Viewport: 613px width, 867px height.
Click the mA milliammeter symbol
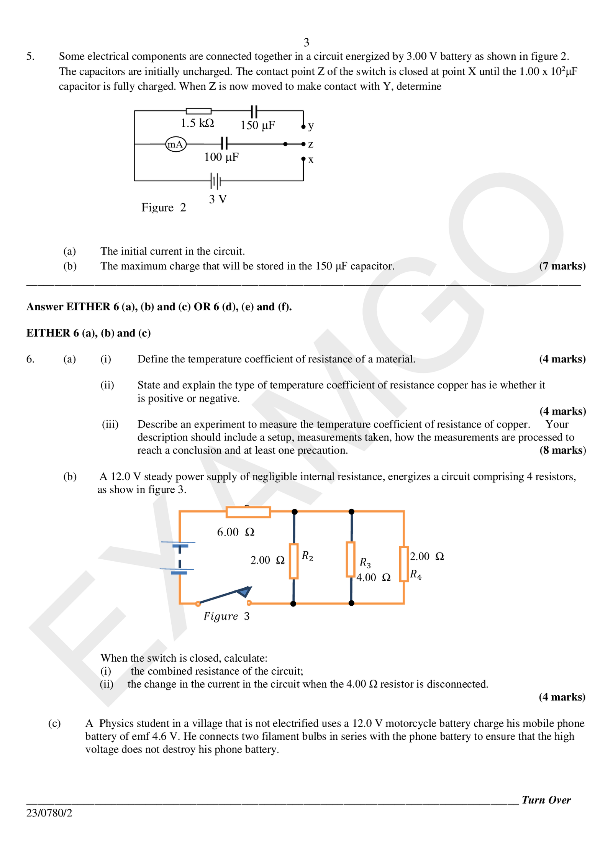[x=176, y=144]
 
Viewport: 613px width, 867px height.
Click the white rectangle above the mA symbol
[x=198, y=111]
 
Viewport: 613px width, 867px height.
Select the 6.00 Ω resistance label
[x=236, y=532]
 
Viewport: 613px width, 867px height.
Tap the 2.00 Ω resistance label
[x=267, y=560]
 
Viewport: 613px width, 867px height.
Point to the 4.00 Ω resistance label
[x=373, y=577]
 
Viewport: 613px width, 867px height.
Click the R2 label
[x=307, y=556]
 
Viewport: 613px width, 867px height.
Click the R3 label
[x=365, y=563]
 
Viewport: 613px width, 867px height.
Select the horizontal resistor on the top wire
[x=248, y=512]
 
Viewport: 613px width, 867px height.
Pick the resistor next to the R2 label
[x=293, y=561]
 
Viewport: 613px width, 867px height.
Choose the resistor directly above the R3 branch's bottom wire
[x=351, y=559]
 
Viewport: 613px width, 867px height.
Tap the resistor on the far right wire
[x=404, y=564]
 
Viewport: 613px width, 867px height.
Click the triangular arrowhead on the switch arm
[x=244, y=592]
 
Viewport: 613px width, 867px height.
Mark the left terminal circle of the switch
[x=198, y=604]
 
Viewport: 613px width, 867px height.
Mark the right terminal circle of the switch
[x=249, y=603]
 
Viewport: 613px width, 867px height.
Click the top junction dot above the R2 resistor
[x=294, y=512]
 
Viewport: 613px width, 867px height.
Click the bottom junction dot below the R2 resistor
[x=293, y=604]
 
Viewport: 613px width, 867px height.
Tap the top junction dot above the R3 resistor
[x=351, y=512]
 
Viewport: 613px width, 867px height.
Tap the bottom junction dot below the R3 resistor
[x=351, y=603]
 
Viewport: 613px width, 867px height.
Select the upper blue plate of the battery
[x=180, y=546]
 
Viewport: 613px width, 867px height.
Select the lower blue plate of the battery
[x=179, y=573]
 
